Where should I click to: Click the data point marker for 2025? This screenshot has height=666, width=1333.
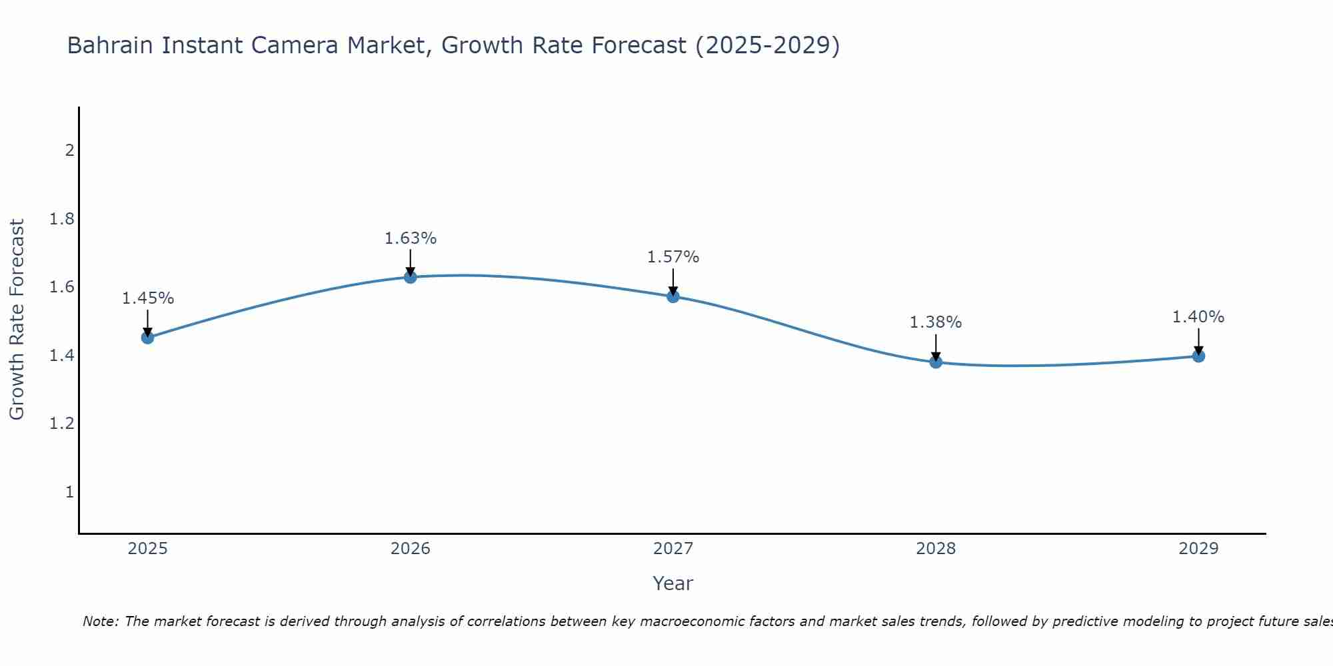pos(148,338)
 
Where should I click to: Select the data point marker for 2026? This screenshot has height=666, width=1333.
pos(411,277)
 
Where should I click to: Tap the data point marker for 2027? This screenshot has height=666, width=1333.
pos(673,296)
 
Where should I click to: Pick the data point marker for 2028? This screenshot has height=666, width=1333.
pos(936,362)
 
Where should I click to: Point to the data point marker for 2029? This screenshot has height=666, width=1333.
pos(1198,356)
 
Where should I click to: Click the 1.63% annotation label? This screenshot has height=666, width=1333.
pos(411,238)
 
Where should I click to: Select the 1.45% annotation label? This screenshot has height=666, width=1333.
pos(148,298)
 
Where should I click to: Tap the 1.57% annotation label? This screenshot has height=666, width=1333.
pos(673,257)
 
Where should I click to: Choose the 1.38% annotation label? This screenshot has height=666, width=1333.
pos(936,322)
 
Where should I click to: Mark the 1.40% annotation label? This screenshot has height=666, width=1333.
pos(1198,317)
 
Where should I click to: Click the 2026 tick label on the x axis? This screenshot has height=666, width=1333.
pos(411,549)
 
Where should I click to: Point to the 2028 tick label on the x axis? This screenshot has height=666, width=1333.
pos(936,549)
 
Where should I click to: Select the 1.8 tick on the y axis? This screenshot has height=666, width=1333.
pos(62,219)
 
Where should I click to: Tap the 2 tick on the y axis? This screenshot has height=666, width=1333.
pos(69,151)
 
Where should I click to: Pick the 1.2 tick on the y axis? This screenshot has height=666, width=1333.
pos(62,424)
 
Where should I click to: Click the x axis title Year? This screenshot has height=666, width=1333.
pos(673,583)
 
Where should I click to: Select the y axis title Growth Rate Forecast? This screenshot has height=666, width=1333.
pos(17,320)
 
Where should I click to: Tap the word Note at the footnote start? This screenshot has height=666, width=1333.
pos(100,621)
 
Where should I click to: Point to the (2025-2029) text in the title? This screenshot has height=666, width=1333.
pos(767,46)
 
